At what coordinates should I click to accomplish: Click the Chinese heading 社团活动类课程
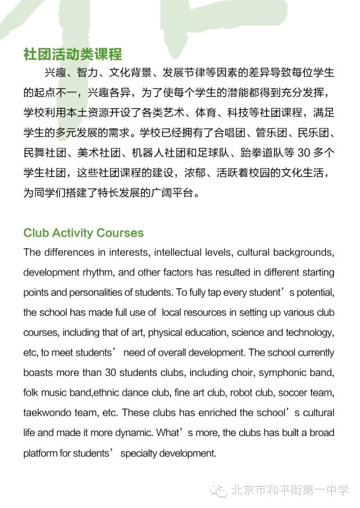click(x=73, y=55)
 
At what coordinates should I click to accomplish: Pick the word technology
click(x=309, y=332)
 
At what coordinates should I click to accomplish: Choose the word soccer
click(x=292, y=392)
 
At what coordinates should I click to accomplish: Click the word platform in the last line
click(x=40, y=453)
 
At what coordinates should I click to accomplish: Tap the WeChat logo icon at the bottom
click(x=219, y=490)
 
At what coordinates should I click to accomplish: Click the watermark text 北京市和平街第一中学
click(x=290, y=490)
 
